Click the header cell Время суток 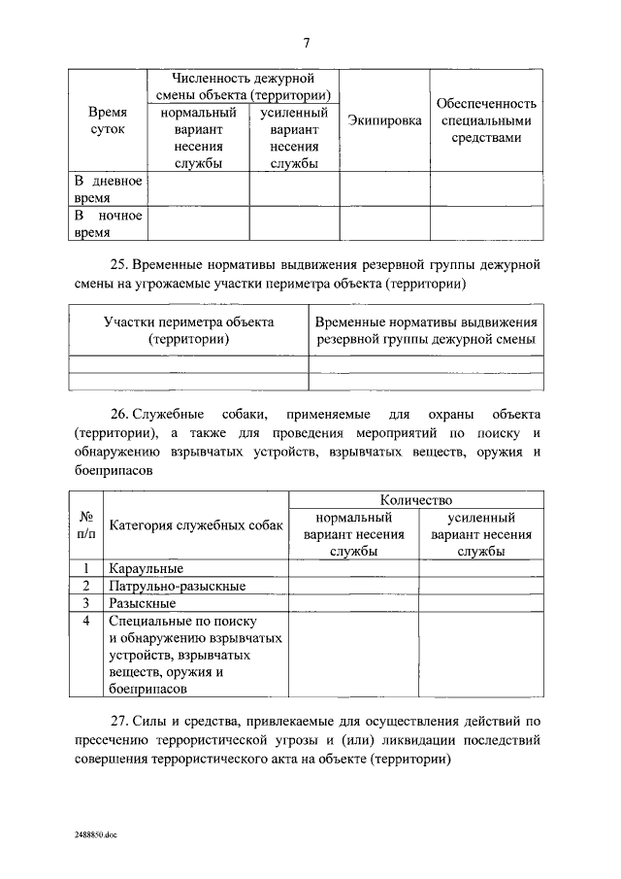tap(109, 120)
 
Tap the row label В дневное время tap(109, 188)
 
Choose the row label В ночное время tap(109, 223)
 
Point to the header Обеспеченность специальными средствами tap(486, 120)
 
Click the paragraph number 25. tap(116, 264)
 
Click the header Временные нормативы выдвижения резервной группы tap(426, 330)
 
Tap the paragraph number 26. tap(116, 415)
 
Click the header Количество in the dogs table tap(416, 499)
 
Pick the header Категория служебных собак tap(197, 525)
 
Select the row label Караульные tap(147, 568)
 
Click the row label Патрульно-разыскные tap(178, 586)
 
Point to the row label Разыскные tap(143, 603)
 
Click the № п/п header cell tap(86, 525)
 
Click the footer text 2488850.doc tap(95, 834)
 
